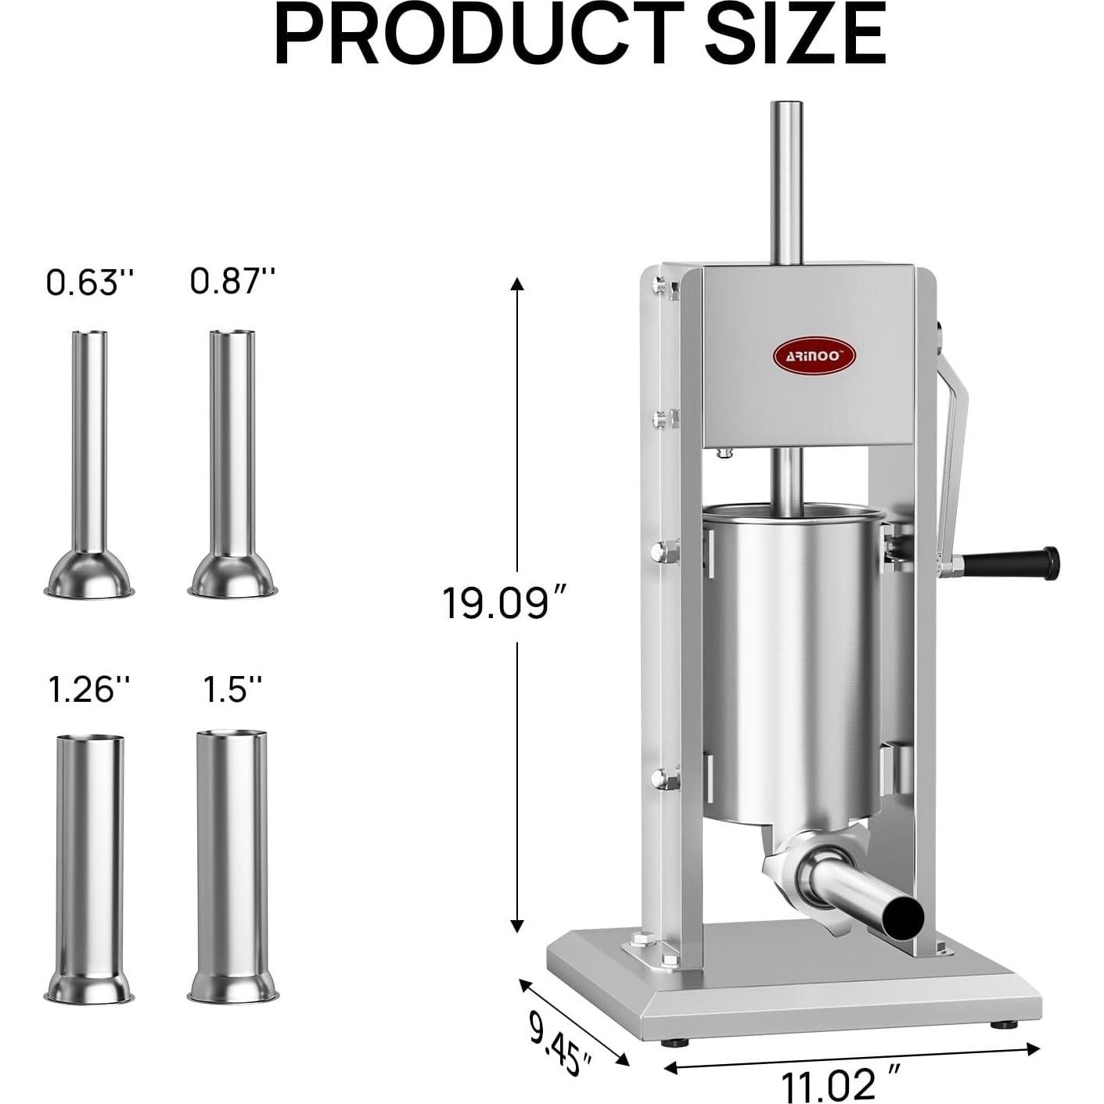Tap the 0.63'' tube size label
pos(90,282)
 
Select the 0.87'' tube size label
pos(233,280)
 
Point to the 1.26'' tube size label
pos(88,689)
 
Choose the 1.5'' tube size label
pos(232,689)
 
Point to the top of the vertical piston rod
pos(787,106)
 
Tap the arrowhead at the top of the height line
pos(516,282)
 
